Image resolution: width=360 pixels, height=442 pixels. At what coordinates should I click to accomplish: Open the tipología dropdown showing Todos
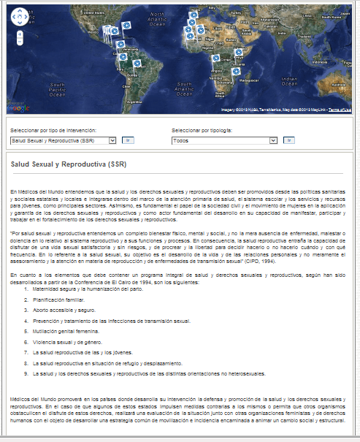coord(223,139)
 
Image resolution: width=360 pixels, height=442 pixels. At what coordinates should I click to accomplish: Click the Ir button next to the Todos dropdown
coord(288,139)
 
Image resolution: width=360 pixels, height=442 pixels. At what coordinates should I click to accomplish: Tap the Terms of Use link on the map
coord(340,110)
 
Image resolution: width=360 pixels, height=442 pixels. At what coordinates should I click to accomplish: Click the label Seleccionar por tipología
coord(202,130)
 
